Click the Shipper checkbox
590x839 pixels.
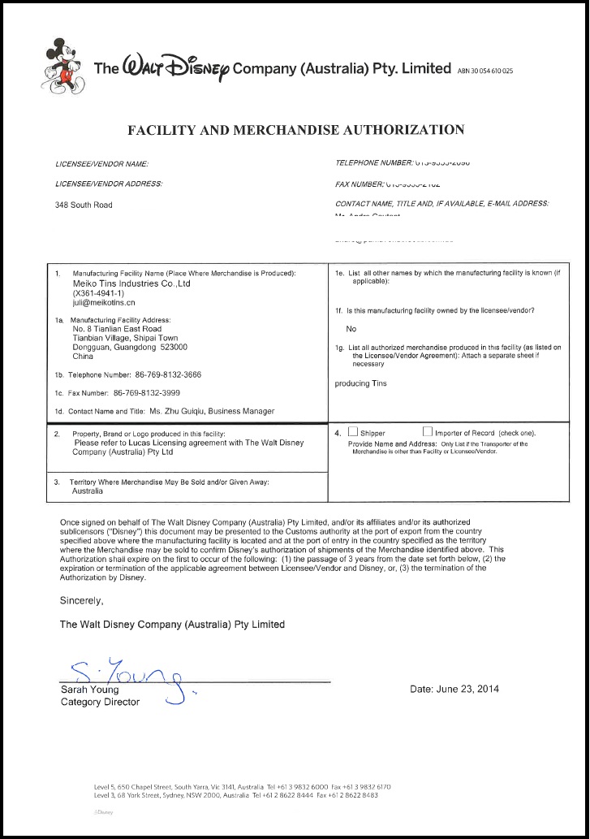(x=352, y=432)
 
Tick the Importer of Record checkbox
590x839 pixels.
(x=427, y=432)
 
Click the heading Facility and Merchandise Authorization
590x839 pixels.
(x=295, y=129)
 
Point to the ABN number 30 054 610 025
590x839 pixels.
(x=485, y=71)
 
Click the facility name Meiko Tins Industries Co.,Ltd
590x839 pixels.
(x=131, y=283)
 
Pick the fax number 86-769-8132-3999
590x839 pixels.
(x=152, y=393)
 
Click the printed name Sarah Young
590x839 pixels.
(x=89, y=690)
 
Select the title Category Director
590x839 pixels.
(x=100, y=702)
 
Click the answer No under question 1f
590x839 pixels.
(x=351, y=329)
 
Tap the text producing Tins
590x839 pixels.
(x=360, y=383)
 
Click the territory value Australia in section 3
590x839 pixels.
(x=88, y=491)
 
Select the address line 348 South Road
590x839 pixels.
(x=84, y=205)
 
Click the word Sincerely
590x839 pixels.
(x=82, y=601)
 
